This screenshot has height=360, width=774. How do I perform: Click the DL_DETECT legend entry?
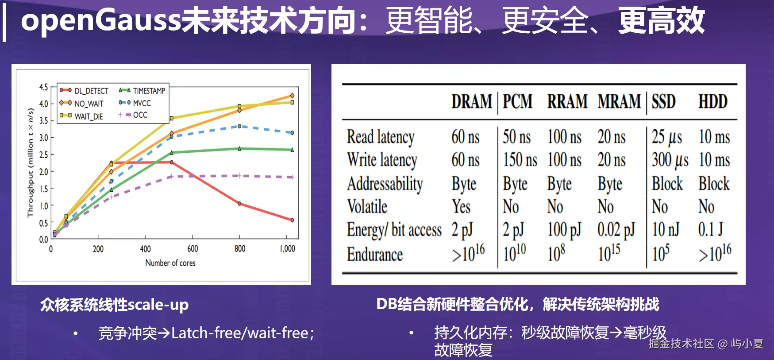tap(91, 91)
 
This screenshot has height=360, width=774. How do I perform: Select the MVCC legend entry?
tap(142, 103)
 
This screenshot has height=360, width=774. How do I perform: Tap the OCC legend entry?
tap(140, 115)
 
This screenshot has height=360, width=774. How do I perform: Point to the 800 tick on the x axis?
tap(240, 249)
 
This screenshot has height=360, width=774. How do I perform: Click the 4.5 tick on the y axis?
tap(43, 87)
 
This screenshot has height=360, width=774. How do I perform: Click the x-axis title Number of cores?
tap(170, 263)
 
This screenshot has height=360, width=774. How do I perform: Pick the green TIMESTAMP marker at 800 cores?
tap(239, 149)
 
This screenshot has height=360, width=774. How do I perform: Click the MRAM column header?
tap(619, 102)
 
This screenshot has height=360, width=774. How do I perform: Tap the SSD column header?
tap(663, 102)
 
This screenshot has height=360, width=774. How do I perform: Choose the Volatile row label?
tap(367, 207)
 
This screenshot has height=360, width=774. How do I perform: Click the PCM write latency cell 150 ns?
tap(520, 160)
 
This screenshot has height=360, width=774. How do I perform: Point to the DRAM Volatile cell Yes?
tap(461, 207)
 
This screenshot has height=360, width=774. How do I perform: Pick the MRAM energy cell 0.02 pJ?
tap(616, 229)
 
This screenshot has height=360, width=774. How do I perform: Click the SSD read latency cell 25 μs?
tap(667, 137)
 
